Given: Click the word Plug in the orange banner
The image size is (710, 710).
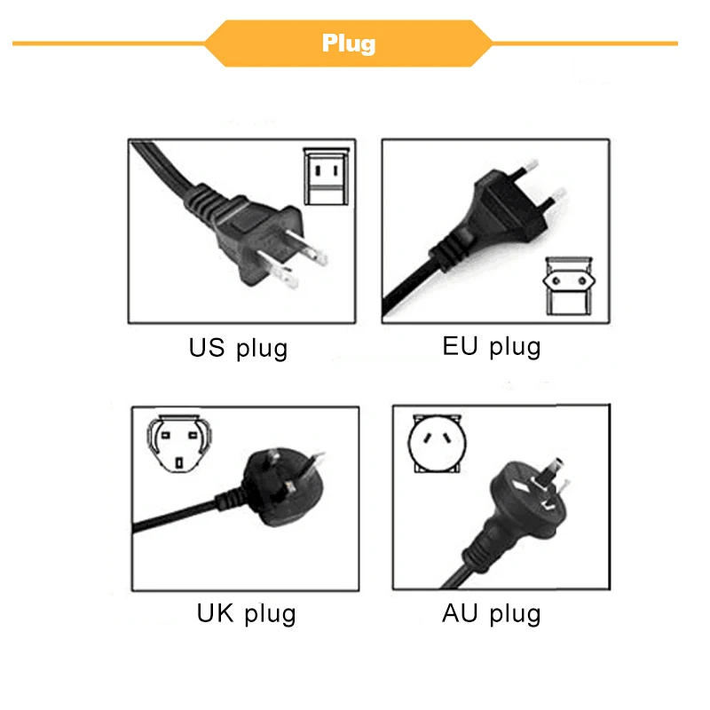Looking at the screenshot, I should coord(349,43).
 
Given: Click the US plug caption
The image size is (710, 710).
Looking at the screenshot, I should coord(238,347).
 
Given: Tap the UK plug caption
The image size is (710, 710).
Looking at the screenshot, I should coord(246,612).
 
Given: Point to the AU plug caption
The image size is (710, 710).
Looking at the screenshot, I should coord(491,612).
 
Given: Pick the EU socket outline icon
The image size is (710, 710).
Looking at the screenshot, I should coord(567,286).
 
